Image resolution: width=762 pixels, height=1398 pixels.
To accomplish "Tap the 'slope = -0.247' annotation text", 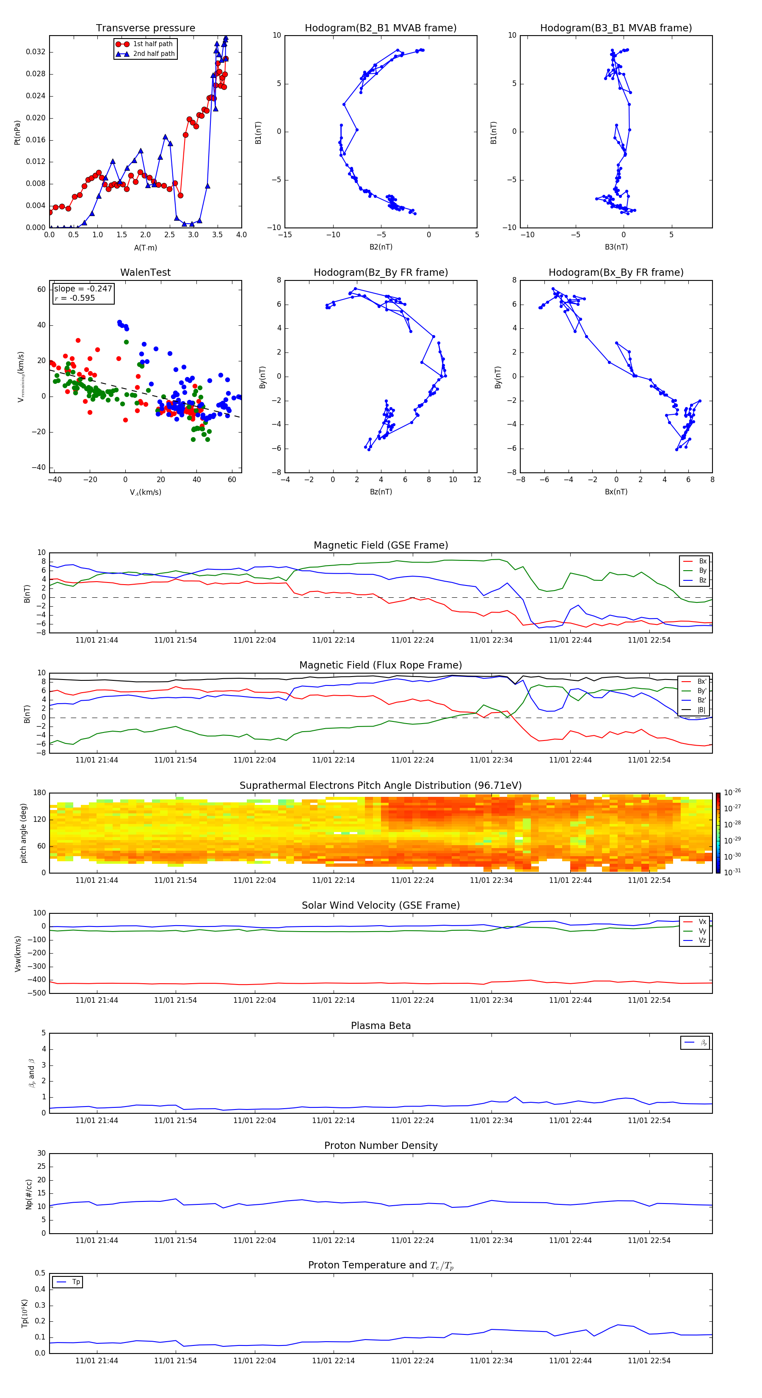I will [83, 289].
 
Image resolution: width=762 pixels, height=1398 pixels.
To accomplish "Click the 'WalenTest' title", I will [145, 272].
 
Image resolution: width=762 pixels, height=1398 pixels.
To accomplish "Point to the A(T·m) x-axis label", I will [145, 247].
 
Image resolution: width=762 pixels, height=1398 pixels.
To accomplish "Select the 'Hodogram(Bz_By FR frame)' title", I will [381, 272].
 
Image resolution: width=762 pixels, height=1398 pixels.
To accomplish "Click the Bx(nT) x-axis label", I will [616, 492].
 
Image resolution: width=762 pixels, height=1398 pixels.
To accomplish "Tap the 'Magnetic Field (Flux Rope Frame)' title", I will [381, 666].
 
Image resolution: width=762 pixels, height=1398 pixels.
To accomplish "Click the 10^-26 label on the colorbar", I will [732, 792].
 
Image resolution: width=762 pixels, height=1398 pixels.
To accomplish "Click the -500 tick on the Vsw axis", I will [38, 993].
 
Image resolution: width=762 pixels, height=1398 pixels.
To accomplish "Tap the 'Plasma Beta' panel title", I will [381, 1026].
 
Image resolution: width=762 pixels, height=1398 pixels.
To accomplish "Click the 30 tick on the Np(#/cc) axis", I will [41, 1153].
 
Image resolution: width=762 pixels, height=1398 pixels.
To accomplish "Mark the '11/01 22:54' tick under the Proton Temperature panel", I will [649, 1361].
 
